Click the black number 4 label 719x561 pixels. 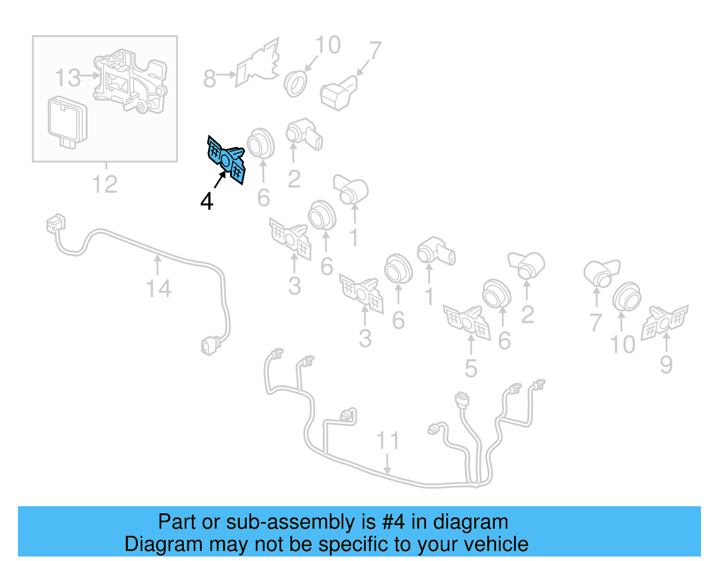[x=207, y=201]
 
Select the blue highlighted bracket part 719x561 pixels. [x=226, y=159]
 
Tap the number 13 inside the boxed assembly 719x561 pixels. [x=68, y=78]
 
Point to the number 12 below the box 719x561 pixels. [x=105, y=184]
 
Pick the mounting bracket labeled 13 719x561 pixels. [x=130, y=81]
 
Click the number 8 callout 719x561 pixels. [x=209, y=79]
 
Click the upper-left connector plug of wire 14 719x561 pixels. [x=56, y=223]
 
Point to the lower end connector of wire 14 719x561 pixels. [x=209, y=346]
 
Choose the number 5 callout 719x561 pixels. [x=470, y=368]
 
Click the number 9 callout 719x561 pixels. [x=666, y=364]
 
